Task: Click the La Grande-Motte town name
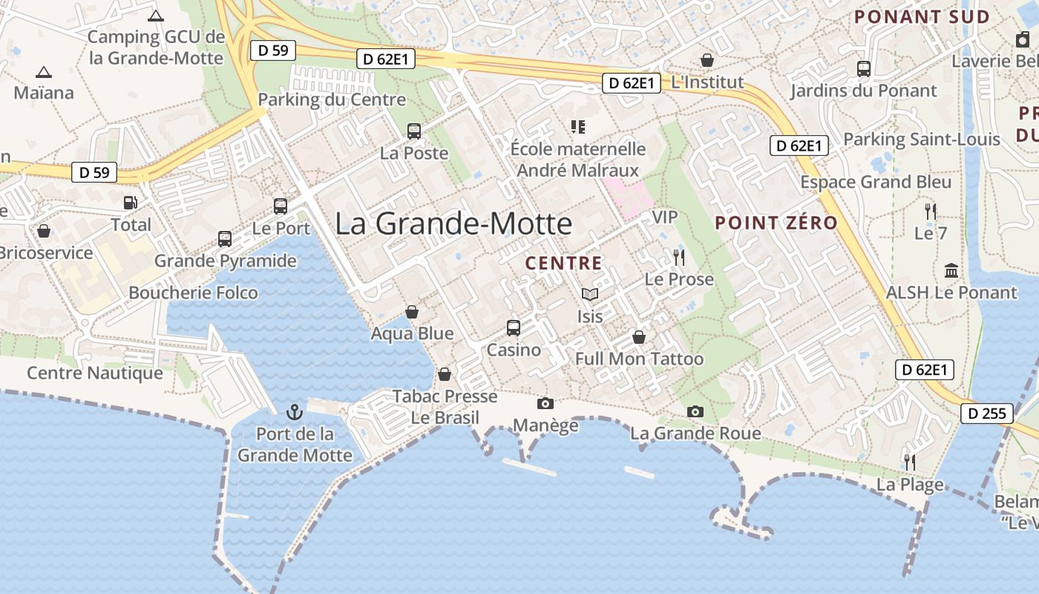[x=453, y=223]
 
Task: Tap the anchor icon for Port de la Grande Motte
[x=295, y=411]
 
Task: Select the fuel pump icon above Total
[x=130, y=202]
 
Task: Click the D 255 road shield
[x=986, y=414]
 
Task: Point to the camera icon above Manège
[x=545, y=403]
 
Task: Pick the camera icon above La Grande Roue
[x=695, y=411]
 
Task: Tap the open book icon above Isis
[x=590, y=295]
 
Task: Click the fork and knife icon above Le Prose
[x=679, y=258]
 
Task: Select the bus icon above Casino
[x=513, y=327]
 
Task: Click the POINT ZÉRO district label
[x=776, y=223]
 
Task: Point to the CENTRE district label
[x=563, y=263]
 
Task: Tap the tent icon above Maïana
[x=44, y=73]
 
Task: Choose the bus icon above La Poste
[x=414, y=131]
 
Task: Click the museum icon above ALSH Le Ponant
[x=951, y=270]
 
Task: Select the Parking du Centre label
[x=332, y=99]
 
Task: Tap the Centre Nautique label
[x=95, y=372]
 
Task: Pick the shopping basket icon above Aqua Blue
[x=412, y=312]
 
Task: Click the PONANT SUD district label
[x=922, y=17]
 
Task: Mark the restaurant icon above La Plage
[x=910, y=463]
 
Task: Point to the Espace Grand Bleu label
[x=875, y=182]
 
